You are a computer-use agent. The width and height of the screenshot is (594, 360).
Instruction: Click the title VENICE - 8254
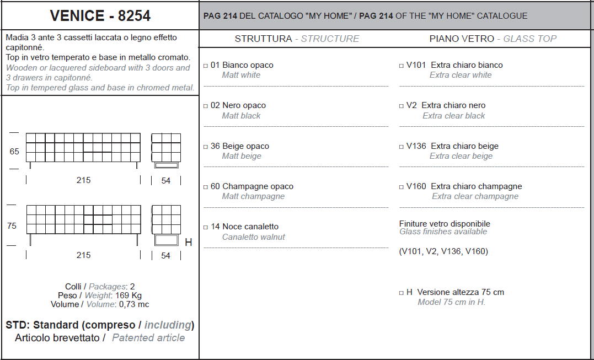click(100, 15)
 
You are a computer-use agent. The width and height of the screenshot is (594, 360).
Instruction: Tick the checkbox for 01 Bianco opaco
click(206, 66)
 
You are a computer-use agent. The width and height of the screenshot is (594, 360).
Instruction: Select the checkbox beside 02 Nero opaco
click(206, 106)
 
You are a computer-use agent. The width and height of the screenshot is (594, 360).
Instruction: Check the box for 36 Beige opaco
click(206, 147)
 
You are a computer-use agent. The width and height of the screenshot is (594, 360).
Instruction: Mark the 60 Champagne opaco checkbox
click(206, 187)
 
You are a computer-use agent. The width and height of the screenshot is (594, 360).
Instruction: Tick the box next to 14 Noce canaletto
click(206, 227)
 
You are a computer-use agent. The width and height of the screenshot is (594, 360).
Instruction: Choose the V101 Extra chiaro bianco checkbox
click(401, 66)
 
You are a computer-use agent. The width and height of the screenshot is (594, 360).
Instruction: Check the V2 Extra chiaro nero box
click(401, 106)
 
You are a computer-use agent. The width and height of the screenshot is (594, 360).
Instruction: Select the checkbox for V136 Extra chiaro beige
click(401, 147)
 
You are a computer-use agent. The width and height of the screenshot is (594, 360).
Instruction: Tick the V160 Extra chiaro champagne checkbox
click(401, 187)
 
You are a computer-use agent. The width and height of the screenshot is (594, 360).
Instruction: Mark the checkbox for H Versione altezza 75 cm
click(401, 293)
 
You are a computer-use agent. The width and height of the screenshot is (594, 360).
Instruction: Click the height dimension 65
click(14, 152)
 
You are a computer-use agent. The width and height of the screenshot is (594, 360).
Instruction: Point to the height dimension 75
click(12, 226)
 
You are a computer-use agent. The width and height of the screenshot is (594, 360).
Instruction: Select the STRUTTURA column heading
click(263, 39)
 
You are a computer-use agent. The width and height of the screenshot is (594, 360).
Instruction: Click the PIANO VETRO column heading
click(462, 39)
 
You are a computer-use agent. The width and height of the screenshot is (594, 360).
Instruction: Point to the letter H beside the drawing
click(188, 242)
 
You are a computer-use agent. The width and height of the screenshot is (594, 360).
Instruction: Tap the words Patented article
click(148, 337)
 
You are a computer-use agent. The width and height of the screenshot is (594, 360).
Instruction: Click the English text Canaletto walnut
click(254, 237)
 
